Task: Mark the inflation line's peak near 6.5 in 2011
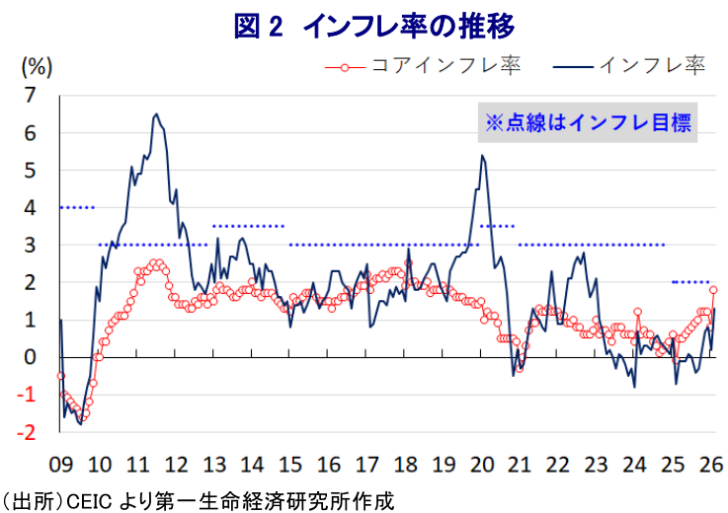pos(156,114)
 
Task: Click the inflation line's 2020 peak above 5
pos(482,155)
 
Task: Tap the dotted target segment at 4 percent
pos(77,207)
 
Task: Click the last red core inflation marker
pos(713,289)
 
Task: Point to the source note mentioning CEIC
pos(198,499)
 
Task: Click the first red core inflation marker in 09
pos(60,376)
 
